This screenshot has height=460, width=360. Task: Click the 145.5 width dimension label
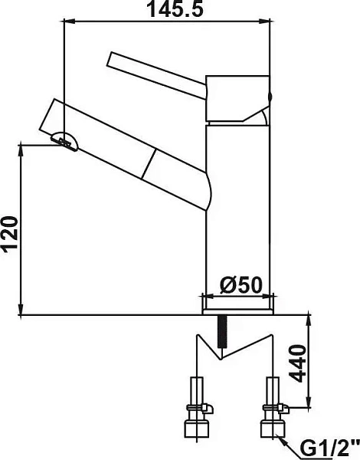(x=175, y=8)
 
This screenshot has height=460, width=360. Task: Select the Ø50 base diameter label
(x=241, y=285)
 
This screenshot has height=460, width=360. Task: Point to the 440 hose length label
(x=297, y=363)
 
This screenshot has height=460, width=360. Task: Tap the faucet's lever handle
(x=158, y=76)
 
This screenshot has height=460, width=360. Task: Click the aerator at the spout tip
(x=65, y=141)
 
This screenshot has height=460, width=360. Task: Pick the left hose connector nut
(x=196, y=429)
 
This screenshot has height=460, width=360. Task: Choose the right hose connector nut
(x=273, y=429)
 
